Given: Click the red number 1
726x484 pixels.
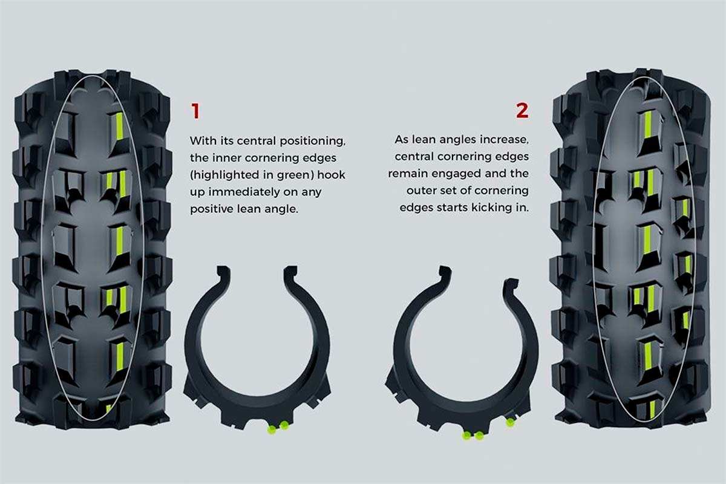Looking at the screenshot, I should [x=195, y=111].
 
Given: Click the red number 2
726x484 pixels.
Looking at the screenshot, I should [x=522, y=110].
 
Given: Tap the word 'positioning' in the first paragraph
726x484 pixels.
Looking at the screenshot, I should [x=313, y=140].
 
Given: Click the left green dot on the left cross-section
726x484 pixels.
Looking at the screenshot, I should [x=272, y=430].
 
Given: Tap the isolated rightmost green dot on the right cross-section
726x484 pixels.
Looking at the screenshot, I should [x=510, y=423].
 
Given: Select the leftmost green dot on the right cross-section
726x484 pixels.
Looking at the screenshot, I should [x=466, y=435].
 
